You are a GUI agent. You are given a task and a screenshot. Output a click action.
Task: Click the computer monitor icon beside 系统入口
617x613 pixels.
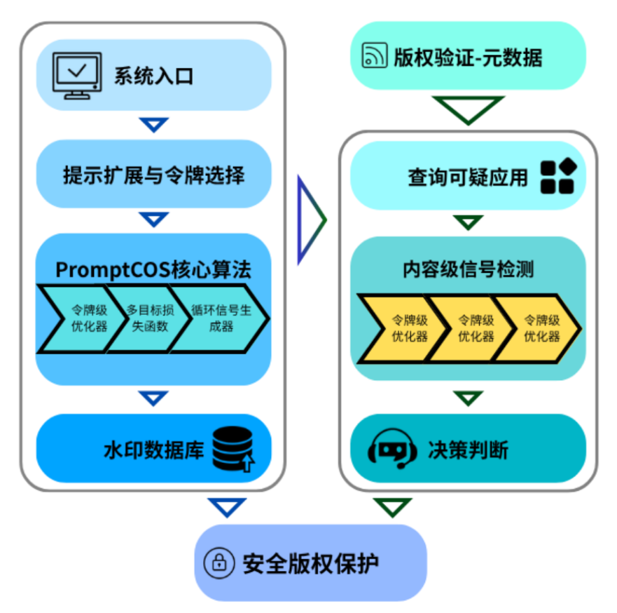(78, 74)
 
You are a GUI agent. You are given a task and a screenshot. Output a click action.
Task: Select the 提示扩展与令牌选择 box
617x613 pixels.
(153, 174)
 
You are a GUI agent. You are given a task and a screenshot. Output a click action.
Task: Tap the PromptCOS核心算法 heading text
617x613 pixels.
(153, 269)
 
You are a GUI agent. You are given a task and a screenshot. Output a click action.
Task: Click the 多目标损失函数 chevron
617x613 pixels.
(147, 318)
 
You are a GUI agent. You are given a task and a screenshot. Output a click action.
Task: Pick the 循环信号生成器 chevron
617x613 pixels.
(216, 318)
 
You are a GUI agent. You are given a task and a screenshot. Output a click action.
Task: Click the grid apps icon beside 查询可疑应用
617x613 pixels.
(557, 176)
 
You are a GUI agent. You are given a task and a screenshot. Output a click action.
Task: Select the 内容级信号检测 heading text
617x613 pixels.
(468, 269)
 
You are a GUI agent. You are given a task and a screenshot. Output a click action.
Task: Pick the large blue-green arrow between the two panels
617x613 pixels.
(310, 220)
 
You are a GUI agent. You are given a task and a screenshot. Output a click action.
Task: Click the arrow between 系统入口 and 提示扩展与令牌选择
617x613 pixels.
(154, 125)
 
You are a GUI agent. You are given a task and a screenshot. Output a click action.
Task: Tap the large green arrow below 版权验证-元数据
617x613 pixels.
(468, 109)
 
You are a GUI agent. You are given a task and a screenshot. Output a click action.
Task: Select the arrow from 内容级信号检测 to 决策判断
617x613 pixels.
(468, 398)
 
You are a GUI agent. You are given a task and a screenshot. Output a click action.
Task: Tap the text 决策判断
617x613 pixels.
(468, 450)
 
